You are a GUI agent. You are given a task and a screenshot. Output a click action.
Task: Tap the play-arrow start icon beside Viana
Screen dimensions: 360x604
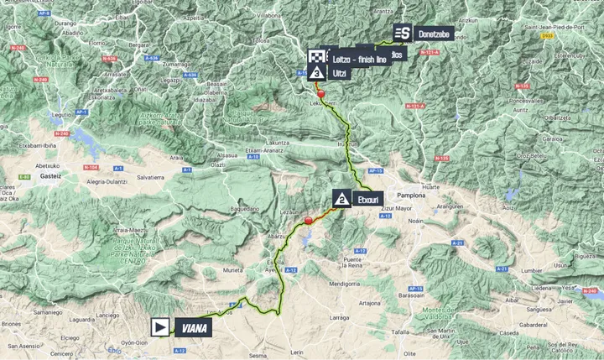160,326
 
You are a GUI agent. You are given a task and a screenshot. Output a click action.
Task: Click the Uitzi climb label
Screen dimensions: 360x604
339,74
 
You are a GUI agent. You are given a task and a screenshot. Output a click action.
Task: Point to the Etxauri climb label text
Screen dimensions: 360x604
371,199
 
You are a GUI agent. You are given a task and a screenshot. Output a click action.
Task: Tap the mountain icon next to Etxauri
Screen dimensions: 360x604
342,198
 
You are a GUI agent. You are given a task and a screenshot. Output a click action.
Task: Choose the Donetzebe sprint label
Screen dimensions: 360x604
432,33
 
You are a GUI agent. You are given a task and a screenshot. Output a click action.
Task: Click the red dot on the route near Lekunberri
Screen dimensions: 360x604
320,95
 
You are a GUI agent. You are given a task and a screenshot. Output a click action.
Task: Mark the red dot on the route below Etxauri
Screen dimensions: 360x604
309,221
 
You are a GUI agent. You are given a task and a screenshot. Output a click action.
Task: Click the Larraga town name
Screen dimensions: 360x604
340,319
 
